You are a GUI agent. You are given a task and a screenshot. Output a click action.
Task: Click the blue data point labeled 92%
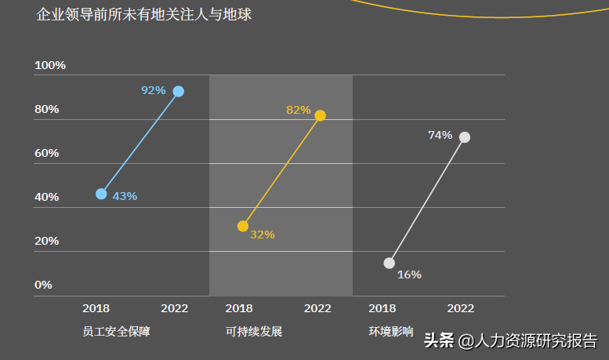click(179, 91)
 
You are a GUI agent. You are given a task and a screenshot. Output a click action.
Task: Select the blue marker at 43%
click(101, 194)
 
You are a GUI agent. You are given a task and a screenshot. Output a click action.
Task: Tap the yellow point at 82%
click(320, 115)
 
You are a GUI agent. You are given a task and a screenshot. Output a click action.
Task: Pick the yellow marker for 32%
click(243, 226)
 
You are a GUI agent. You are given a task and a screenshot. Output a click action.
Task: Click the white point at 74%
click(465, 137)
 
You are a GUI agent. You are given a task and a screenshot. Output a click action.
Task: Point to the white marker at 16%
click(389, 263)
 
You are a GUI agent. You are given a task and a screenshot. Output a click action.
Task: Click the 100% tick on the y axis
click(49, 65)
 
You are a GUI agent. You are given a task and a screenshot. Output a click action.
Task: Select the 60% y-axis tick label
click(46, 153)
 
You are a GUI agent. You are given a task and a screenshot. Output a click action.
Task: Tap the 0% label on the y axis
click(43, 285)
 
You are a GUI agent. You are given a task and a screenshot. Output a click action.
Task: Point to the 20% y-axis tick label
click(46, 241)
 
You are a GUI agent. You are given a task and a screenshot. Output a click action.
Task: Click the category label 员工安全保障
click(115, 332)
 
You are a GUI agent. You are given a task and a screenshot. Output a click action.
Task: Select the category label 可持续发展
click(254, 332)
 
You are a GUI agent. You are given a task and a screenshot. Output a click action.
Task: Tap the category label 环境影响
click(391, 332)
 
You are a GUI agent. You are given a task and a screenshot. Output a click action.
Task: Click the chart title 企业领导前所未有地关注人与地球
click(144, 15)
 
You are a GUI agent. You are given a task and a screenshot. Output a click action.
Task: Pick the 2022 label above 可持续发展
click(317, 308)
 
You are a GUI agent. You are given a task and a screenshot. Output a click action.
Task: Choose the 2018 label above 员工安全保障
click(96, 308)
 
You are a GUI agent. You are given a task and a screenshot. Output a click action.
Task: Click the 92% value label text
click(153, 90)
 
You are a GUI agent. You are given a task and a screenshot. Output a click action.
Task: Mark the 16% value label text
click(409, 275)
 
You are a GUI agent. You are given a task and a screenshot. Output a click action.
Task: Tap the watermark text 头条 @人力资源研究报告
click(510, 340)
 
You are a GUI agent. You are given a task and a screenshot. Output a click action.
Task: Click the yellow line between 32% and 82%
click(281, 171)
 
